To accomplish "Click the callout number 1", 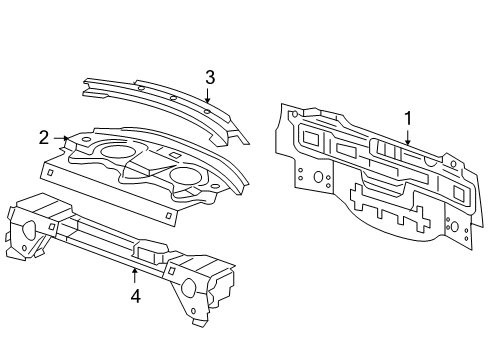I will (408, 119).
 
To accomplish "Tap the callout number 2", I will (44, 138).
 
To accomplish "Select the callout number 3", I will (210, 77).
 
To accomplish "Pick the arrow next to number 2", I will (62, 139).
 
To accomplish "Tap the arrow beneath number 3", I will (206, 98).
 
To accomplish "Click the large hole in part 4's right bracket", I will (190, 287).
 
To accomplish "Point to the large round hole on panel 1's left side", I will (317, 177).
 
